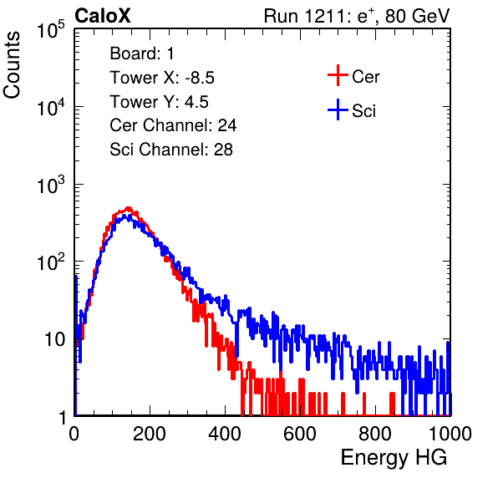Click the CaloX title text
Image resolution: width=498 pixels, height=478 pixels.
pos(102,16)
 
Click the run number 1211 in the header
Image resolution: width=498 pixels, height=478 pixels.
pos(324,16)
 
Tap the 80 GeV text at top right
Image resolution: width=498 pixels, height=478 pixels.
pos(417,16)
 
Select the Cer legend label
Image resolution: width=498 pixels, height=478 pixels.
pos(365,77)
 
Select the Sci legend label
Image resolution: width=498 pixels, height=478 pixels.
pos(363,111)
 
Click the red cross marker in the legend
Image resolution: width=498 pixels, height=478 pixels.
pos(338,75)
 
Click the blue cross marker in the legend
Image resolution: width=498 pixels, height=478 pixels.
pos(338,109)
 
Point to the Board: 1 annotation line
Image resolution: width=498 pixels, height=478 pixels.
pos(142,53)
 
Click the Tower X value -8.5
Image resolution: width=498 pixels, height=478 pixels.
pos(200,78)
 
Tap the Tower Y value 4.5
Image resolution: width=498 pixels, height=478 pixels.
pos(196,102)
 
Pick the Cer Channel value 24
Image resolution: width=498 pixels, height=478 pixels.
pos(226,125)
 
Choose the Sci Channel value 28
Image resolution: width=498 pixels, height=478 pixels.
pos(223,150)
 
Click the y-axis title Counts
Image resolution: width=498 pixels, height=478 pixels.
pos(12,64)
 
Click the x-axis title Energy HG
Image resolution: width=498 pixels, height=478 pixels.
pos(394,458)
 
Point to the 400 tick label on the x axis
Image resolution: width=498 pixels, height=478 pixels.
pos(225,434)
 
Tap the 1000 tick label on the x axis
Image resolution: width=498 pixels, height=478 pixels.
pos(450,434)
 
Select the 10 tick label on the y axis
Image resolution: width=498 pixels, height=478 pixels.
pos(54,339)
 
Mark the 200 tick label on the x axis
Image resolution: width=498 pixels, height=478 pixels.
pos(150,434)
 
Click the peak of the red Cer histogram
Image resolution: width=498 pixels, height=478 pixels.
pos(129,208)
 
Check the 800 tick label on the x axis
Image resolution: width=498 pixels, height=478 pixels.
pos(375,434)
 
